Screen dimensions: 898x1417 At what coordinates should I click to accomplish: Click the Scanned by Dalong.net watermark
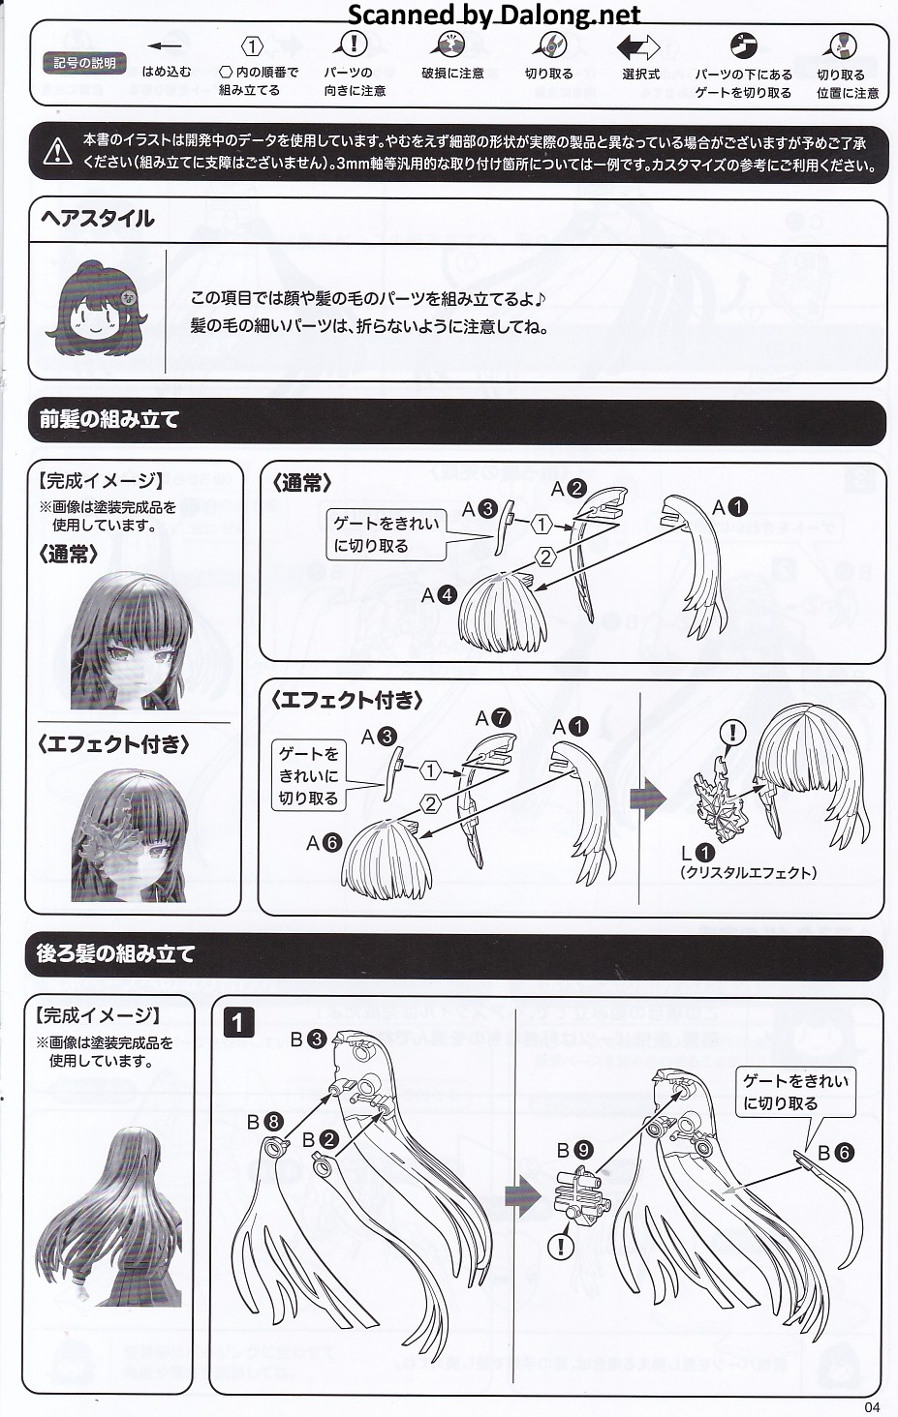(495, 14)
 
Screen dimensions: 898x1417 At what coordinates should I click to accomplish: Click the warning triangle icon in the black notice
(57, 152)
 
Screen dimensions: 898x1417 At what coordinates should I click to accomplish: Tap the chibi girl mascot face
(96, 311)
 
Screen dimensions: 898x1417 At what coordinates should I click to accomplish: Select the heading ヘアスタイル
(97, 219)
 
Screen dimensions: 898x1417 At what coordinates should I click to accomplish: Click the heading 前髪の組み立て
(109, 419)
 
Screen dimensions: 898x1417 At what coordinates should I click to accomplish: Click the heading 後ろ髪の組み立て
(116, 953)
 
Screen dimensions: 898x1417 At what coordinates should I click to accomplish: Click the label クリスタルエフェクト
(749, 873)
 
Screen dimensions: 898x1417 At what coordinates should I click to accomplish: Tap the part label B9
(575, 1150)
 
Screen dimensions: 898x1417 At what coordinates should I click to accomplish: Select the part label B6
(836, 1153)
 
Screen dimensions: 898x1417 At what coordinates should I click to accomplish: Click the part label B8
(264, 1122)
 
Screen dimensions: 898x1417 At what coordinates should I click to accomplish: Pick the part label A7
(493, 718)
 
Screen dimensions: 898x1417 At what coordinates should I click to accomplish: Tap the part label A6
(324, 843)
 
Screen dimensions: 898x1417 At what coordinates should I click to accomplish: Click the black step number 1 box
(238, 1023)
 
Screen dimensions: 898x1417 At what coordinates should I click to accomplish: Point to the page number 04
(872, 1407)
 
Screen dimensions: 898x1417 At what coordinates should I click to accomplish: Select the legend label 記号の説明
(85, 63)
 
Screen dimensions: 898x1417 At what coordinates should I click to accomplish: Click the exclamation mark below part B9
(561, 1247)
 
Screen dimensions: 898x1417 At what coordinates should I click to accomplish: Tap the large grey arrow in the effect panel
(648, 799)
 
